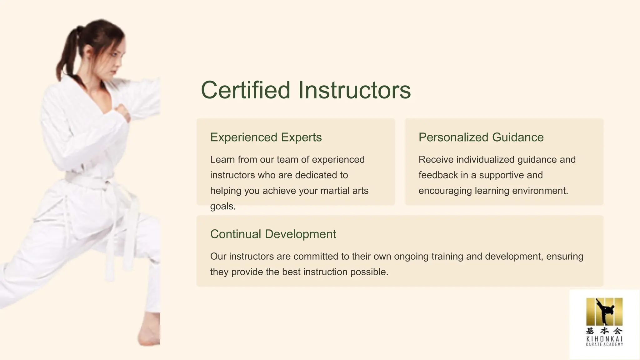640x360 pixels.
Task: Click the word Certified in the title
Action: point(246,90)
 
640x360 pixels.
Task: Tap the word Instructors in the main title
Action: point(354,90)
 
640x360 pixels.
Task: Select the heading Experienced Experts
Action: point(266,137)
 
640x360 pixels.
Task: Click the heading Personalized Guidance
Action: point(481,137)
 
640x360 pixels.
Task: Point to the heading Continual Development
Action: point(273,234)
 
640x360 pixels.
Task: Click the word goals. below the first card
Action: point(223,206)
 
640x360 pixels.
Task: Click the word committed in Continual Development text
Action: point(316,256)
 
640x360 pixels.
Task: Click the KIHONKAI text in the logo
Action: point(604,339)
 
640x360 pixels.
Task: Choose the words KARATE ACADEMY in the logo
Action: point(604,344)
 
